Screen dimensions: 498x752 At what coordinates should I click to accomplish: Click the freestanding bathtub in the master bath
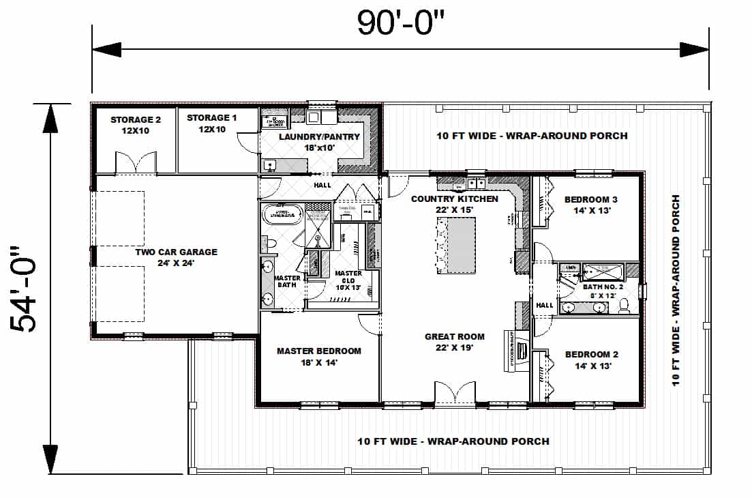click(282, 214)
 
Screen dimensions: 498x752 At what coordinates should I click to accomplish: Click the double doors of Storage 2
click(136, 164)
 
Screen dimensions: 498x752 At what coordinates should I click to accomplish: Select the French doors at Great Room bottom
click(455, 394)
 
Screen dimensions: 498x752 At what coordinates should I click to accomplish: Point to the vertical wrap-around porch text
click(676, 290)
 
